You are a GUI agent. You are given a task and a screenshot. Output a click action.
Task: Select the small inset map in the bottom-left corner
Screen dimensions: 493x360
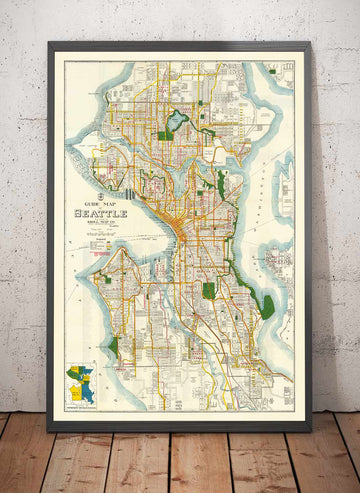tap(80, 384)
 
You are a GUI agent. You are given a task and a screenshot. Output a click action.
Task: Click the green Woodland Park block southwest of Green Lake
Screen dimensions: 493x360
tap(165, 135)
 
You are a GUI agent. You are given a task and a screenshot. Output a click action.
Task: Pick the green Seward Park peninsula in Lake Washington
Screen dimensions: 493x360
tap(267, 306)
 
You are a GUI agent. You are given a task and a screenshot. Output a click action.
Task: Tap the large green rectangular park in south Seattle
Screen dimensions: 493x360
tap(209, 290)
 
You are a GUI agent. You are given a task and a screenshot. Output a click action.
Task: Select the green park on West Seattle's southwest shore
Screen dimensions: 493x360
tap(114, 347)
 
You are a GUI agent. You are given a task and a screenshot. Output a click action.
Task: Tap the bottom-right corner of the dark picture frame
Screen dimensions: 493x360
tap(310, 429)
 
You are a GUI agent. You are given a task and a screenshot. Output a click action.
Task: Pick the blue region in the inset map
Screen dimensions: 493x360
tap(87, 391)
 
